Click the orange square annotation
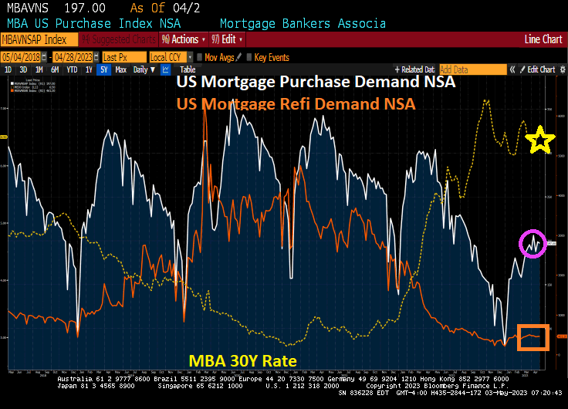[x=532, y=337]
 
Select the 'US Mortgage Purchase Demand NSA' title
[x=316, y=83]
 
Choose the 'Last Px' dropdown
[x=123, y=57]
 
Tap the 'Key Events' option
[x=271, y=57]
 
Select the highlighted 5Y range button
[x=103, y=69]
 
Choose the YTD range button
[x=72, y=69]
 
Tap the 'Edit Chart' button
[x=540, y=69]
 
